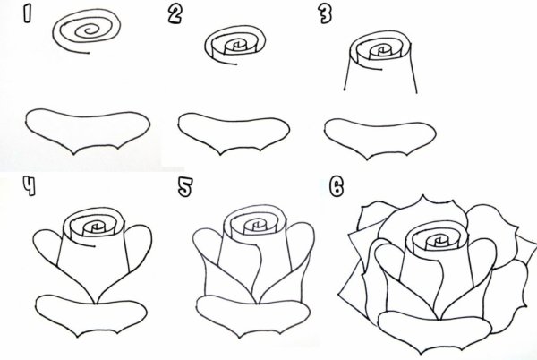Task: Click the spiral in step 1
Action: tap(86, 33)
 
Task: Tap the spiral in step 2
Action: tap(233, 46)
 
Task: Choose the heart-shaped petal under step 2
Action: tap(231, 130)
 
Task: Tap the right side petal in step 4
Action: tap(135, 251)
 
